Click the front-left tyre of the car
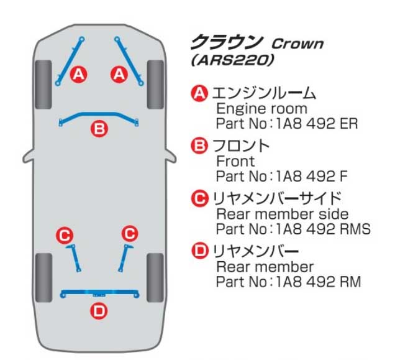[x=43, y=85]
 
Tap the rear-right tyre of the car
[x=155, y=277]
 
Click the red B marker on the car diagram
[x=99, y=129]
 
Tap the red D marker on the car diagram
[x=99, y=311]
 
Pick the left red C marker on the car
[x=65, y=235]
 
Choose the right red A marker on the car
[x=119, y=74]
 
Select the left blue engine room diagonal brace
[x=70, y=61]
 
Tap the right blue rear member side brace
[x=124, y=258]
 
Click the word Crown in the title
[x=297, y=44]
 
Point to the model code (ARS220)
[x=232, y=60]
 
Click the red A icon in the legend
[x=199, y=93]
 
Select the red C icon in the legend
[x=199, y=198]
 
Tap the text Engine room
[x=261, y=109]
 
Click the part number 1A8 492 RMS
[x=323, y=229]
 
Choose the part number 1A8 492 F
[x=312, y=176]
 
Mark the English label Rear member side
[x=282, y=214]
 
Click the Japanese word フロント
[x=240, y=146]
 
